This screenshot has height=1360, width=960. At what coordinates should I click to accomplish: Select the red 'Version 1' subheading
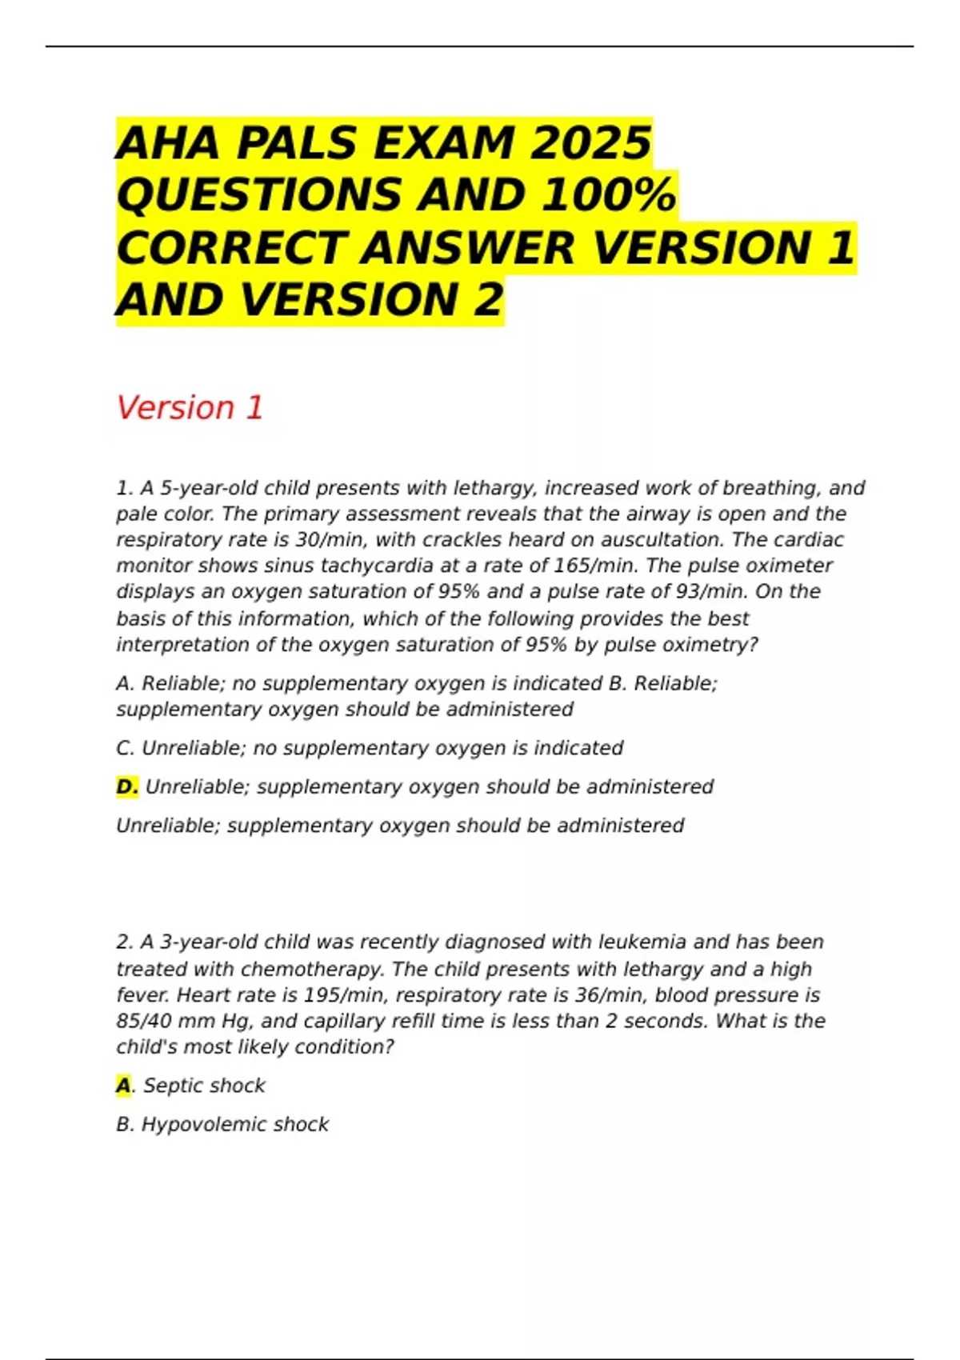point(190,408)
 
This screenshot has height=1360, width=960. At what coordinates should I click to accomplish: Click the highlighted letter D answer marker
point(126,787)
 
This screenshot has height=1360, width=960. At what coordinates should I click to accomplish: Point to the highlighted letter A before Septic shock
point(123,1086)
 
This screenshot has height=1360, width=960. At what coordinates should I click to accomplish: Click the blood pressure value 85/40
point(145,1021)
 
